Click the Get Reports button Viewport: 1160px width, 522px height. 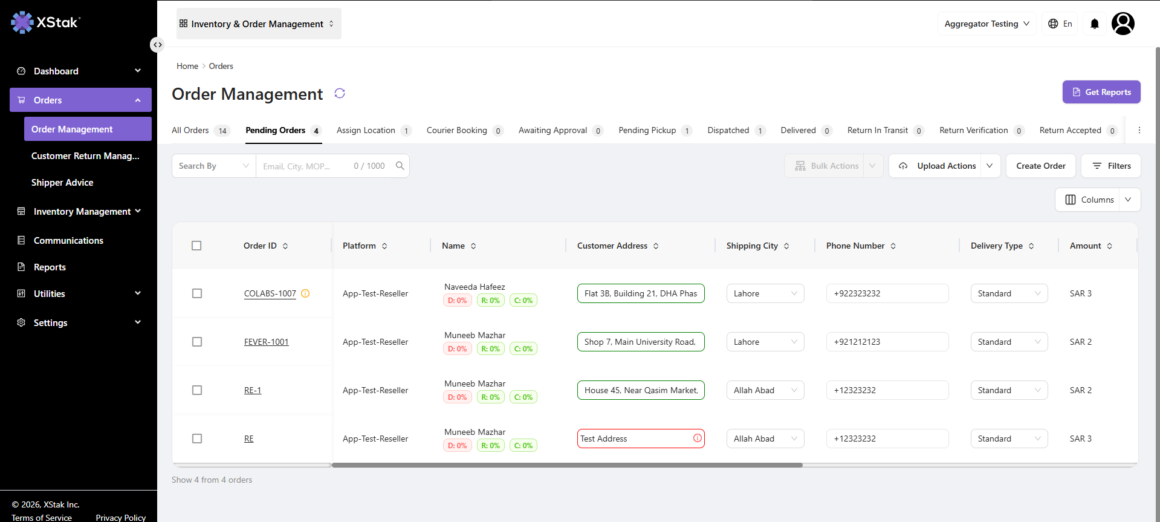[x=1101, y=92]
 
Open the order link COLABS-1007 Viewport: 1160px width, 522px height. [x=270, y=293]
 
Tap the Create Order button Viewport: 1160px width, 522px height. [x=1041, y=166]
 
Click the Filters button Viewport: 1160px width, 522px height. [x=1111, y=166]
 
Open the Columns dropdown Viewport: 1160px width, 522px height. [x=1098, y=200]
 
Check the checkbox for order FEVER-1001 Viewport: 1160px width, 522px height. [x=197, y=342]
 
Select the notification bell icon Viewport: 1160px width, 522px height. [x=1095, y=24]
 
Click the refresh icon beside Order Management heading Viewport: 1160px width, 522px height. [x=340, y=93]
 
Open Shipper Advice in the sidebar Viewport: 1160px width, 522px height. [x=62, y=183]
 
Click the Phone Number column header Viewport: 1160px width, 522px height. [x=855, y=246]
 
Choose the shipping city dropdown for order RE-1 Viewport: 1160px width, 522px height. [x=765, y=390]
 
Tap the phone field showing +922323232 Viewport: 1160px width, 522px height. [x=887, y=293]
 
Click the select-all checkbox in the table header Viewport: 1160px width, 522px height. [x=196, y=246]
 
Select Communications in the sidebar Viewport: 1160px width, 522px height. [x=68, y=241]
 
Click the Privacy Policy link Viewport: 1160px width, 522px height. [x=121, y=518]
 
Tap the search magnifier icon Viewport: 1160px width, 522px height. [x=400, y=166]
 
